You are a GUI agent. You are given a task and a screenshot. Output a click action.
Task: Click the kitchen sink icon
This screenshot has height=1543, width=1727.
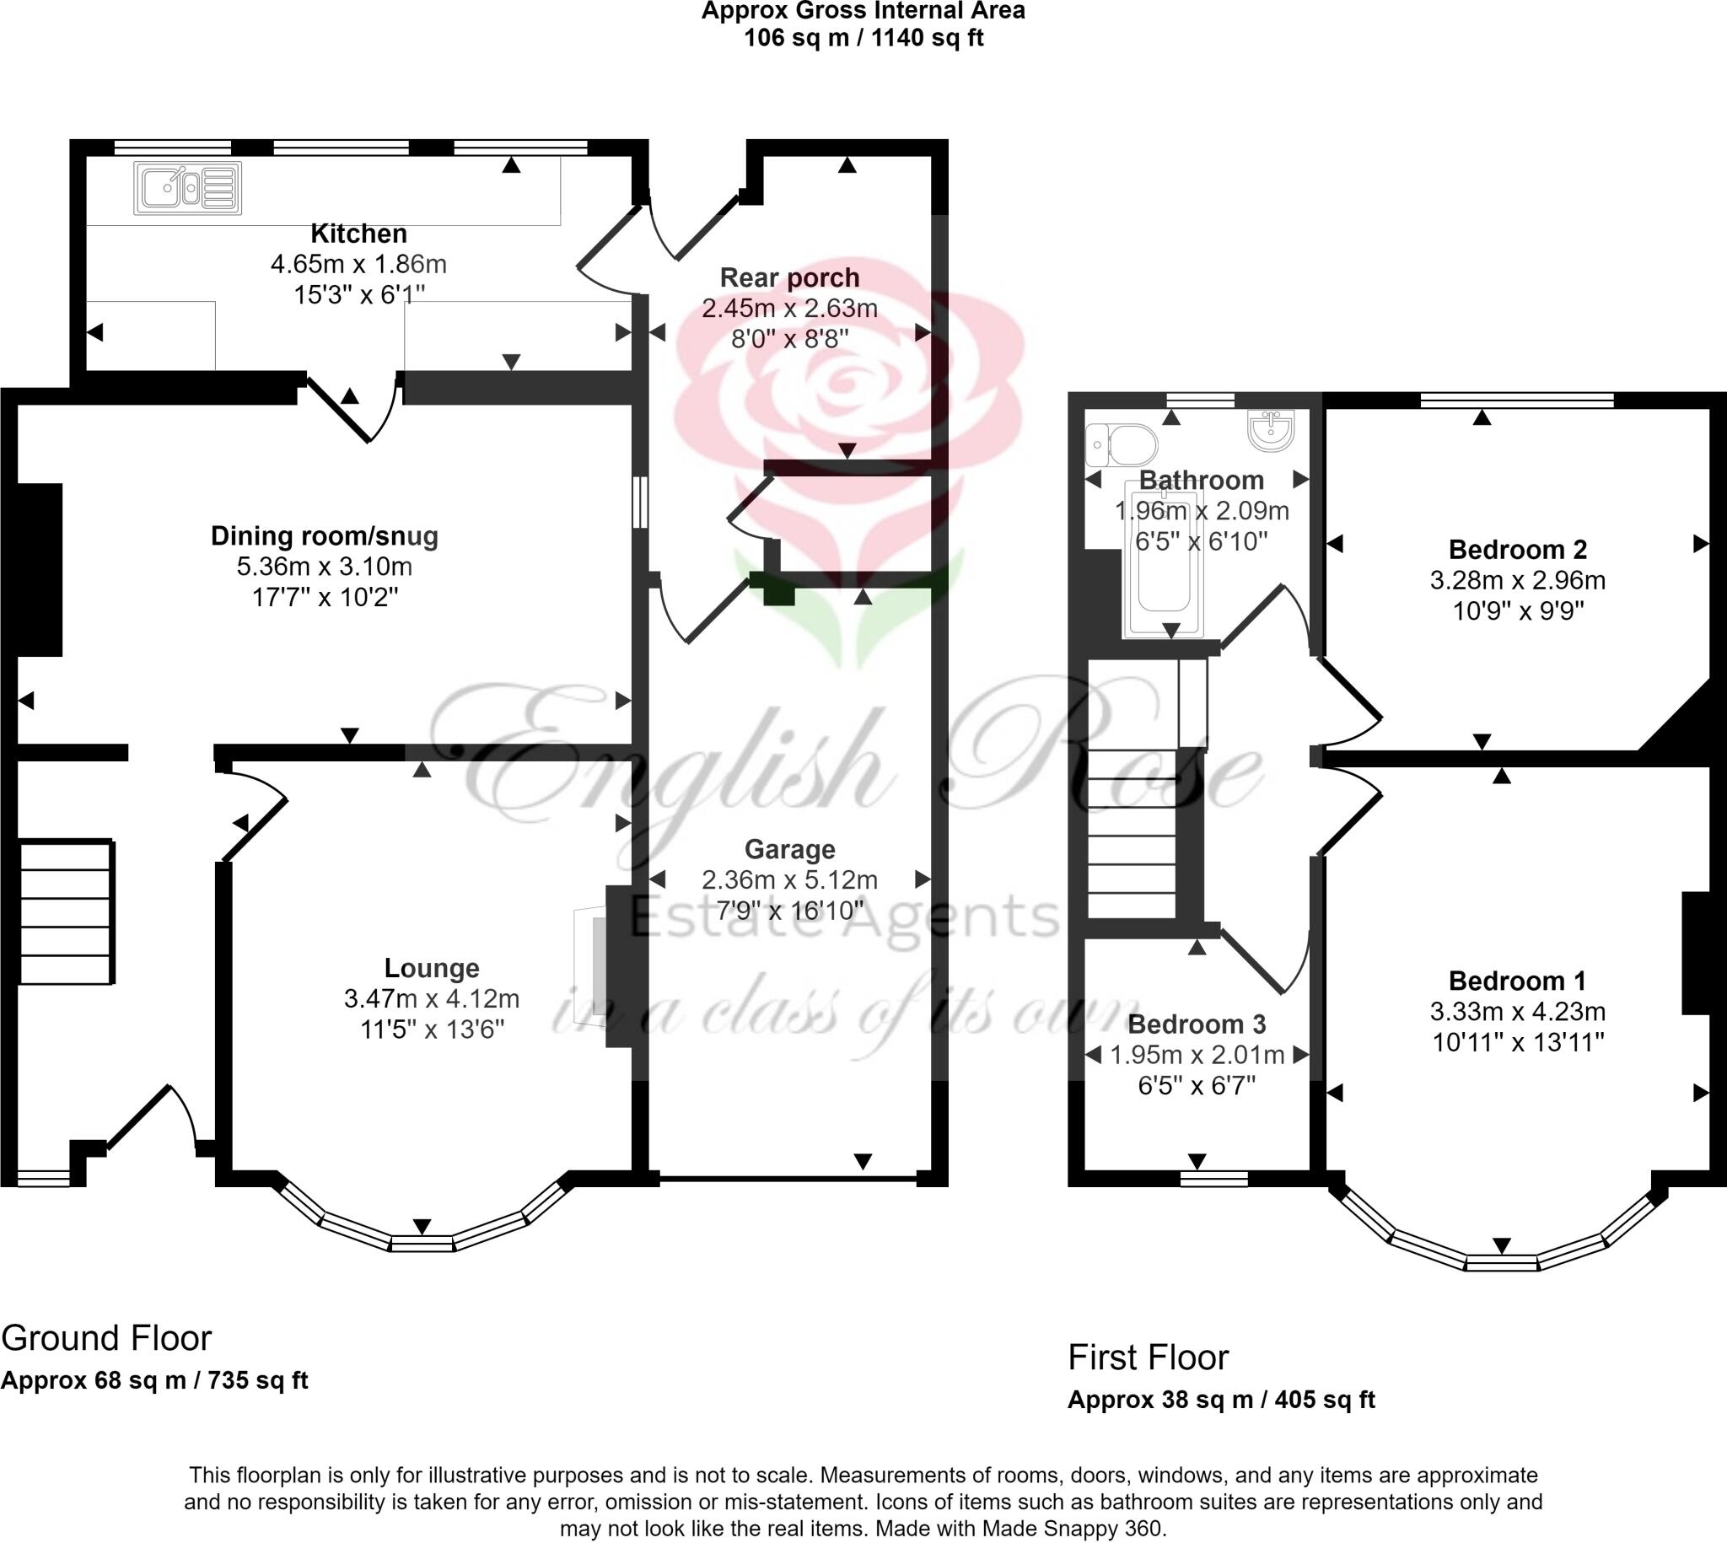coord(187,188)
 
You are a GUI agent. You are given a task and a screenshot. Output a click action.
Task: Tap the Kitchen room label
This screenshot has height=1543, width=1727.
coord(358,234)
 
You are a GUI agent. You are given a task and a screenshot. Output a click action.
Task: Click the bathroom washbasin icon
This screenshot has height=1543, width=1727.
coord(1271,430)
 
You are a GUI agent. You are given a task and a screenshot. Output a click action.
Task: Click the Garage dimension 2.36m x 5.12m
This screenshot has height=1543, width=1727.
coord(789,880)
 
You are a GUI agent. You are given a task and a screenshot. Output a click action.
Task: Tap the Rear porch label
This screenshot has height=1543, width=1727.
coord(789,277)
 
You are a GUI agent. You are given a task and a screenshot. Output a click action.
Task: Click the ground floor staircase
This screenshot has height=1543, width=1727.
coord(66,912)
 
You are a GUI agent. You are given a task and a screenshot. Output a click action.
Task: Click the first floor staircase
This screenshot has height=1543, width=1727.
coord(1131,834)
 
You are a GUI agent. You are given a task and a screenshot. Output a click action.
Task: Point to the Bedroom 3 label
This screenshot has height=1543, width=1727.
coord(1197,1024)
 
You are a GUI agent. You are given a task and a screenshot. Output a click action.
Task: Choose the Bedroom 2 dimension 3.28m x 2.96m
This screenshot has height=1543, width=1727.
coord(1517,580)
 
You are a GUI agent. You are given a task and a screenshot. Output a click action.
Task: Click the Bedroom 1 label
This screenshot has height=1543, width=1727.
coord(1517,981)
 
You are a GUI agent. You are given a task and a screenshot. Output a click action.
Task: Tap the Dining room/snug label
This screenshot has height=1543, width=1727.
coord(325,535)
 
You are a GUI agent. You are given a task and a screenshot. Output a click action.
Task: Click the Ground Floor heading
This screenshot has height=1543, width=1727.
coord(106,1338)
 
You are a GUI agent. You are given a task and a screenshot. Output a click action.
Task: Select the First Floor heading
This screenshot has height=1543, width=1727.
coord(1147,1358)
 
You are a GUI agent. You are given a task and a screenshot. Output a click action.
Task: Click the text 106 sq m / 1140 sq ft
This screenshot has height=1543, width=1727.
coord(863,38)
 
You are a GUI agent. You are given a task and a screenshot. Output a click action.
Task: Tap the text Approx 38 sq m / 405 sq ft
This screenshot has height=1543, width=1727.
coord(1220,1400)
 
